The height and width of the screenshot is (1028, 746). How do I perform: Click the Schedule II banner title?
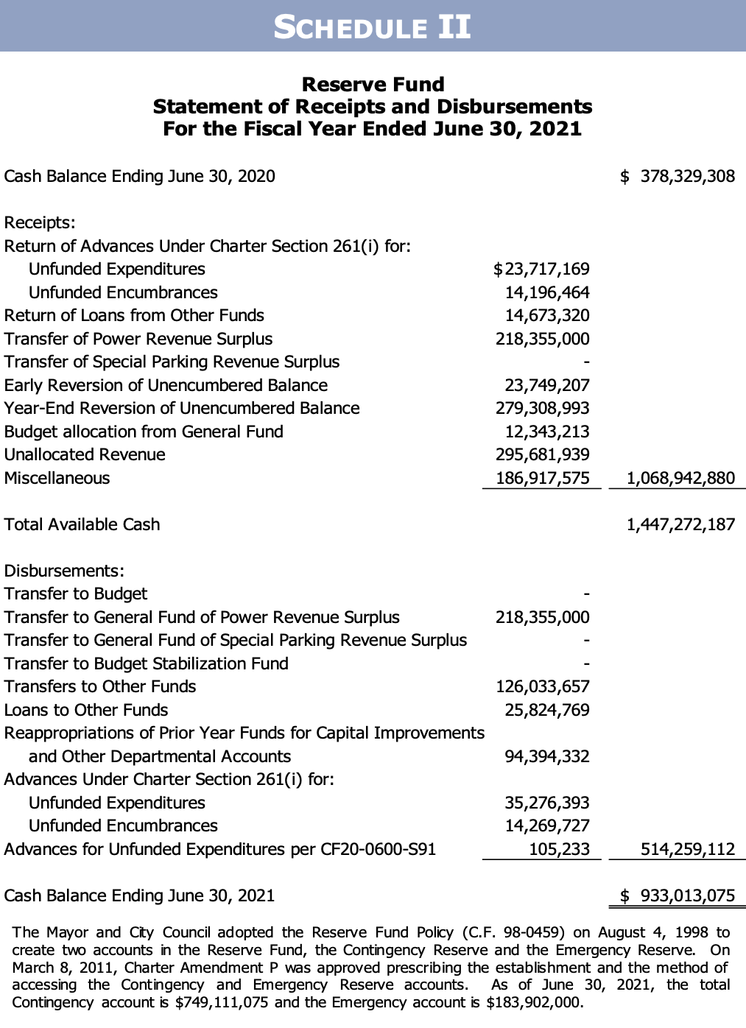[372, 27]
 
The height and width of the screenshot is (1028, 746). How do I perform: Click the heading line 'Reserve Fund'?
[373, 84]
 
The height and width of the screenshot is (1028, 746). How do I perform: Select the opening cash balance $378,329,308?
[678, 176]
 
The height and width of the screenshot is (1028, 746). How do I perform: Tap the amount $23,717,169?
[541, 269]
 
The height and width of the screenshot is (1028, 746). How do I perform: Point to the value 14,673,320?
[546, 315]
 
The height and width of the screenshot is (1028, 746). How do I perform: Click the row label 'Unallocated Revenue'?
[85, 454]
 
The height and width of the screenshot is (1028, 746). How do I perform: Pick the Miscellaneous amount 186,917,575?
[543, 478]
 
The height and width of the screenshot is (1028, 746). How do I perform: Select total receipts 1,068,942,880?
[680, 478]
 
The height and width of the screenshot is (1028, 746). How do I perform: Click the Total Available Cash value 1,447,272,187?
[680, 524]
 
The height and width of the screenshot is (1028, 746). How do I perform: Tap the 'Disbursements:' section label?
[64, 571]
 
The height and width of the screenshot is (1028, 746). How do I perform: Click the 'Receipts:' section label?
[40, 222]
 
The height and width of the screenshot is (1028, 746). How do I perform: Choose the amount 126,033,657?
[543, 686]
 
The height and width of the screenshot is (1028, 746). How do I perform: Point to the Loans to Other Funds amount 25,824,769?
[546, 710]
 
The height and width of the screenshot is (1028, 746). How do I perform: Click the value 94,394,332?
[546, 756]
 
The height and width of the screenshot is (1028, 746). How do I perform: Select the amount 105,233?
[559, 849]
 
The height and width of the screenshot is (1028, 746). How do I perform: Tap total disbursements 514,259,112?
[688, 849]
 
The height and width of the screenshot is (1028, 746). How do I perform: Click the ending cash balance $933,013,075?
[678, 895]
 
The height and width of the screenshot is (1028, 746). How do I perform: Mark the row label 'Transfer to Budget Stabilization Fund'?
[147, 663]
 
